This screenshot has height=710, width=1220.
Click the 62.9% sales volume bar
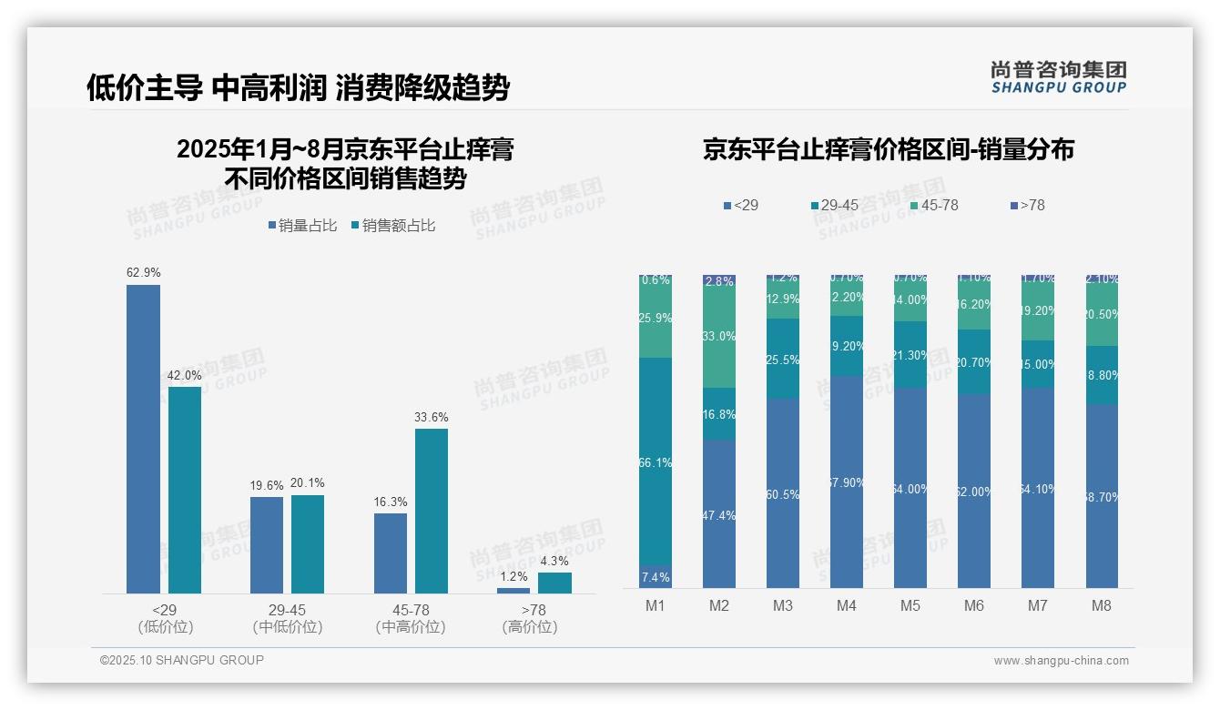(143, 439)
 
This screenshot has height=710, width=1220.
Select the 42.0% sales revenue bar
(185, 490)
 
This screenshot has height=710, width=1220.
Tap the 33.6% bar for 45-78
(432, 511)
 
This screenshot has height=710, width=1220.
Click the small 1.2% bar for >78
(513, 591)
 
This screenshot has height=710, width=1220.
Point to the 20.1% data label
(308, 483)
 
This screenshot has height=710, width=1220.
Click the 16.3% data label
(391, 502)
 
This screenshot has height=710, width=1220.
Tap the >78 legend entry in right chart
(1028, 206)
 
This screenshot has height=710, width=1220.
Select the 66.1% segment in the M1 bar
(656, 462)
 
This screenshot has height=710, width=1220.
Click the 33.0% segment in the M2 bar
(719, 337)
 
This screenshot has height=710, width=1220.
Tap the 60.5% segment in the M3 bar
(783, 493)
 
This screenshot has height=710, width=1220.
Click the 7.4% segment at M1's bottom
(656, 578)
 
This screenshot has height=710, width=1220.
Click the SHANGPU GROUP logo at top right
(1059, 77)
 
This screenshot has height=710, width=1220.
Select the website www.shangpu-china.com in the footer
(1061, 661)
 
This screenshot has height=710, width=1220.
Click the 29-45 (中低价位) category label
(288, 618)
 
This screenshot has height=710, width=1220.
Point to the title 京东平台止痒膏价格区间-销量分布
(888, 149)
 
